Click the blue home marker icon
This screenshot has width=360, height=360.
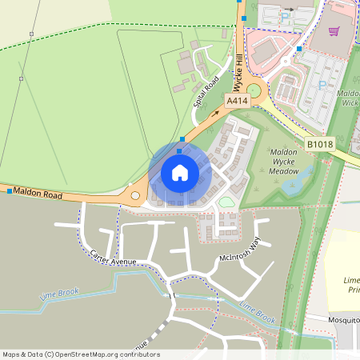(x=180, y=172)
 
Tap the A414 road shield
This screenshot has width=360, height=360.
(x=238, y=102)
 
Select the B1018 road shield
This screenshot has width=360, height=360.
(x=320, y=144)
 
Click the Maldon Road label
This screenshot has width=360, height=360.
(x=38, y=194)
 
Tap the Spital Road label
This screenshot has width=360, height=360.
(x=206, y=90)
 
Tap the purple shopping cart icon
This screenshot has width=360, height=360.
(x=334, y=31)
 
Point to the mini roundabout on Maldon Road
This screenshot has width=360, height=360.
(x=135, y=195)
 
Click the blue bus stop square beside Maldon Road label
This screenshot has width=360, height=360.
(x=10, y=192)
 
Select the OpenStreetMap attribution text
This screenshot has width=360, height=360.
(x=81, y=354)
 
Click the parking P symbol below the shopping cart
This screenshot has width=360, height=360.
(x=323, y=85)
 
